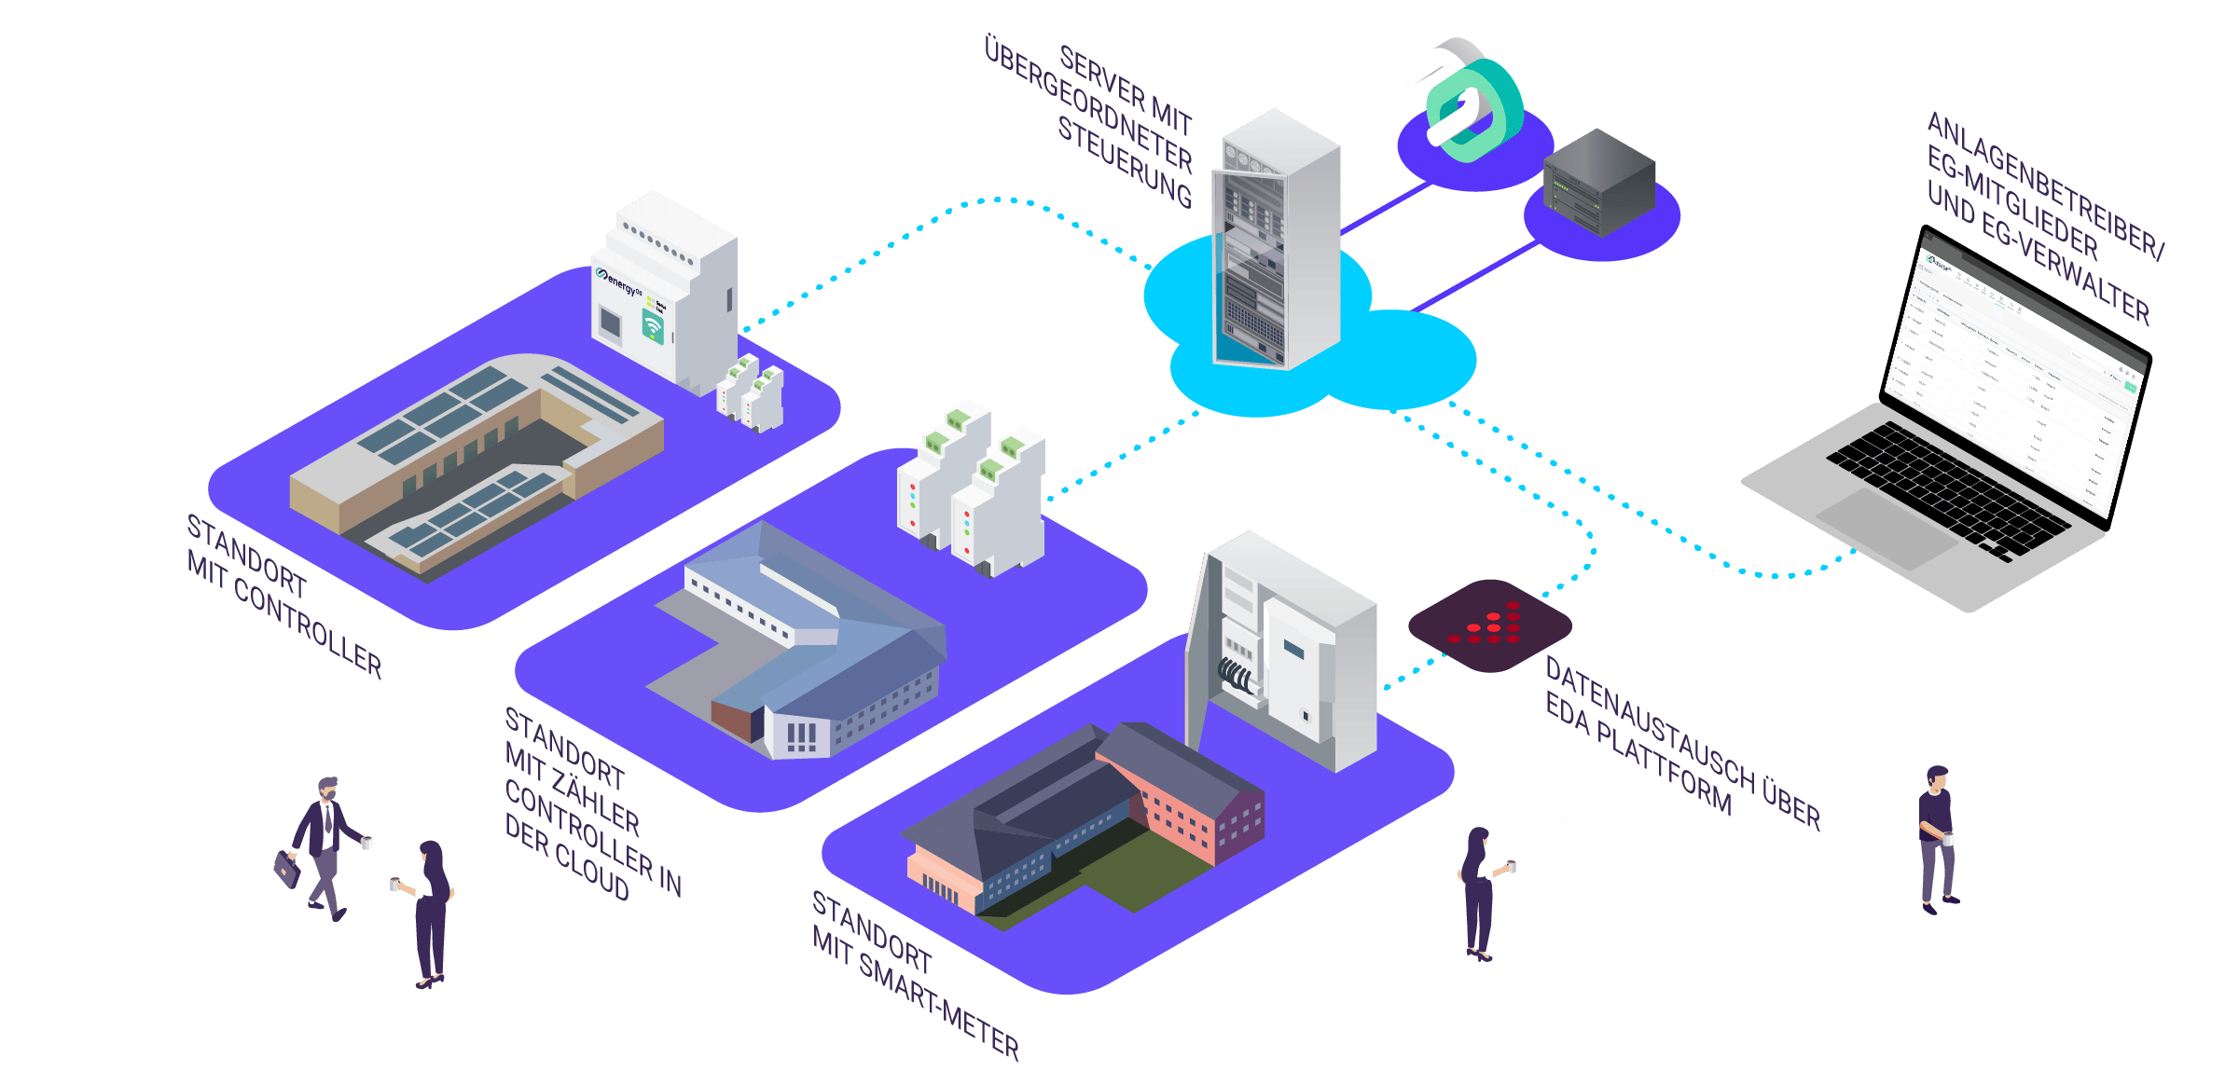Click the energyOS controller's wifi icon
(653, 326)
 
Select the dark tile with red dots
(1489, 625)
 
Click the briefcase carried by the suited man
(287, 870)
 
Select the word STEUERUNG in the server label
(1124, 163)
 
